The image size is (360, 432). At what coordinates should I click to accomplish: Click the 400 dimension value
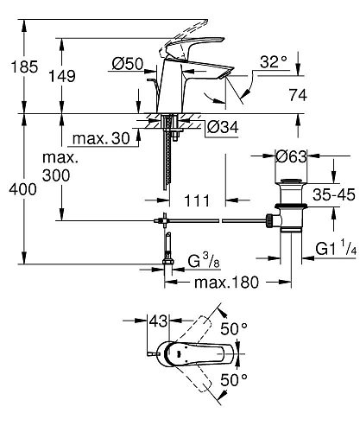coord(22,189)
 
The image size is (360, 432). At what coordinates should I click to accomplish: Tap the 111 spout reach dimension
coord(198,200)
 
